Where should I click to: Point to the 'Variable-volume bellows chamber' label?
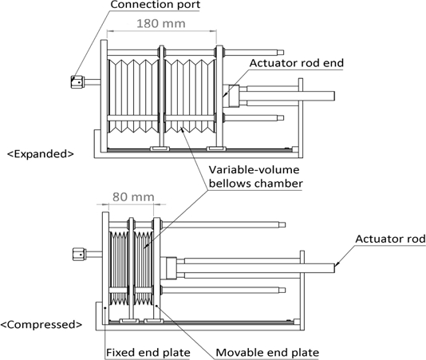(x=255, y=177)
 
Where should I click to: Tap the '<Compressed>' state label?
(x=42, y=325)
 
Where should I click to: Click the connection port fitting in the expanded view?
(x=78, y=81)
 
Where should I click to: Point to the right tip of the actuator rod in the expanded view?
(x=333, y=97)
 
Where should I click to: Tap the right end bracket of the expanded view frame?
(x=299, y=116)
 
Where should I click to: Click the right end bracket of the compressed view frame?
(x=300, y=287)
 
